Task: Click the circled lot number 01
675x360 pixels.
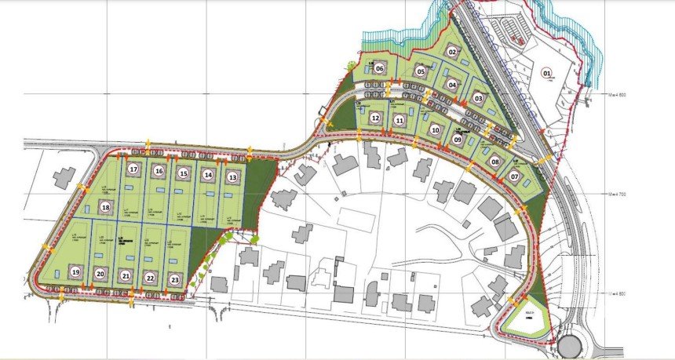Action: tap(547, 73)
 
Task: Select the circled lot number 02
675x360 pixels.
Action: tap(453, 52)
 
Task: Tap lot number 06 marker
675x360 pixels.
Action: tap(379, 68)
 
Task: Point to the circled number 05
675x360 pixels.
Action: tap(421, 72)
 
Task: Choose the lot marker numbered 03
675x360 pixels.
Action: tap(478, 99)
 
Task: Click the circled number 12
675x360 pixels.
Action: tap(376, 118)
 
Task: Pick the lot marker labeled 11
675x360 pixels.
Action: tap(400, 120)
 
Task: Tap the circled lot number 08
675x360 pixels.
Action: tap(495, 162)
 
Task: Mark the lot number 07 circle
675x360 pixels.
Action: tap(515, 177)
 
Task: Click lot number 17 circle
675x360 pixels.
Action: tap(133, 169)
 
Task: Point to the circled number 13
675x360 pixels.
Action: tap(232, 178)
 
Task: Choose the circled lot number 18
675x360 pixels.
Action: tap(106, 207)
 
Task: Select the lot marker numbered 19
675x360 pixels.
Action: tap(75, 272)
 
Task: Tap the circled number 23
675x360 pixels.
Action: tap(175, 278)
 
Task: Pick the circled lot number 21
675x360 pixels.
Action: tap(126, 276)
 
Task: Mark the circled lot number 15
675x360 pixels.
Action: tap(184, 173)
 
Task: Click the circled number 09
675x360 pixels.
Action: tap(458, 140)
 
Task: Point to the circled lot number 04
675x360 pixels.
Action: tap(452, 84)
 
